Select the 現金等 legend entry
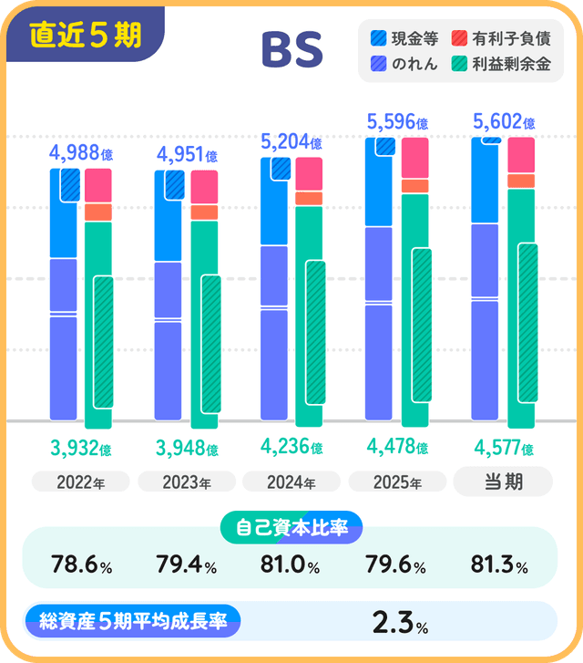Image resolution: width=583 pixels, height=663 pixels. tap(405, 39)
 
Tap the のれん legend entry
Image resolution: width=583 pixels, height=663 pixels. tap(405, 65)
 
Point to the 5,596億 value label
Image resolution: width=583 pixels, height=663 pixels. tap(396, 121)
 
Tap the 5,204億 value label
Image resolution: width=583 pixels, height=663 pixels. tap(291, 141)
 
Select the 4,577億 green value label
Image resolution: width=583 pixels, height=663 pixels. tap(504, 448)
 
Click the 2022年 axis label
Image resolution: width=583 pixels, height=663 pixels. tap(80, 482)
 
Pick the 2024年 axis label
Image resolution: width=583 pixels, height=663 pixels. tap(291, 482)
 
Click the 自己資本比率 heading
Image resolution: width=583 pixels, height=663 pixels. tap(291, 527)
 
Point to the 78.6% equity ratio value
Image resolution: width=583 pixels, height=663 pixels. tap(81, 566)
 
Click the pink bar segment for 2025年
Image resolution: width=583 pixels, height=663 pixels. tap(414, 158)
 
